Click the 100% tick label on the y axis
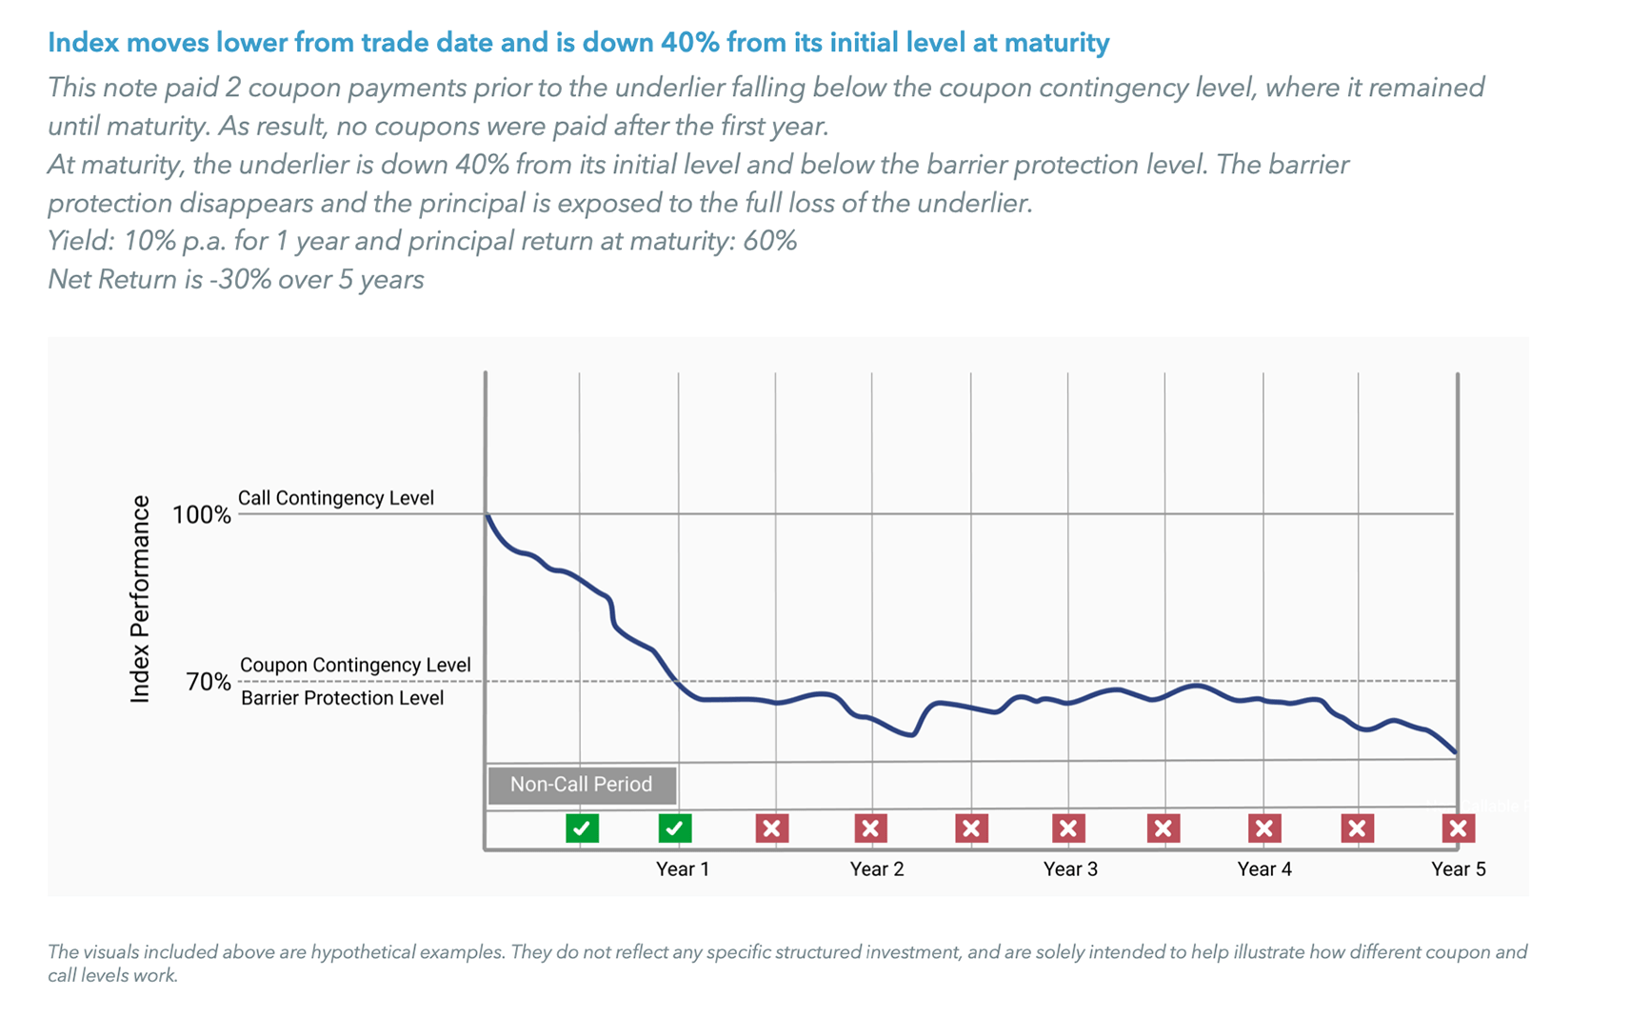click(x=201, y=515)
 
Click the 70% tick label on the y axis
click(x=209, y=682)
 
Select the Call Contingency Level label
click(x=335, y=498)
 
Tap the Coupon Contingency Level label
click(x=355, y=665)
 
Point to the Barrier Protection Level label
click(x=342, y=698)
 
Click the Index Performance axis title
click(x=140, y=599)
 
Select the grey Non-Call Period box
click(x=582, y=785)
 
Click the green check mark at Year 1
click(x=674, y=828)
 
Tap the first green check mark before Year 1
click(x=582, y=828)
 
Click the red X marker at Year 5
click(x=1458, y=828)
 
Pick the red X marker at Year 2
click(x=870, y=828)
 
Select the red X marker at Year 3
click(x=1068, y=828)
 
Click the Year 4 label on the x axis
click(x=1263, y=869)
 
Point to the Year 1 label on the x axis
click(x=683, y=869)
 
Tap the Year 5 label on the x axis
click(x=1458, y=869)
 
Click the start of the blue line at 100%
click(x=487, y=516)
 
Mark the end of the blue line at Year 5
click(x=1456, y=753)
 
